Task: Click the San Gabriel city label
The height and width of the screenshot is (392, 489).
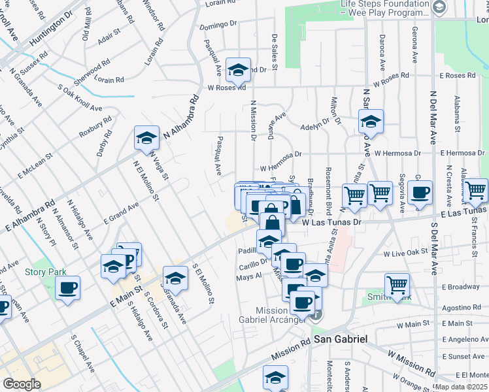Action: pos(340,339)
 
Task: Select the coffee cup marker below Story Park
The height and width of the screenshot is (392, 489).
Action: pos(67,287)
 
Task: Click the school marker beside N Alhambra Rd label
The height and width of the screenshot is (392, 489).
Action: pos(146,137)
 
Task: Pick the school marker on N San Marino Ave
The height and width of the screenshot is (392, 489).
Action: pos(371,122)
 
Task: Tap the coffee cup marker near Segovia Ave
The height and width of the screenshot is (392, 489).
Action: pos(419,193)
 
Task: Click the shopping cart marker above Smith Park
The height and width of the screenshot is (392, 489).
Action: pos(397,285)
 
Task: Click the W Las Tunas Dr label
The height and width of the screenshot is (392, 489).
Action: pos(331,222)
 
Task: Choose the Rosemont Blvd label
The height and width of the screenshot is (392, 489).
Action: pos(329,190)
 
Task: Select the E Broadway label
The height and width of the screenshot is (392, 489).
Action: pos(460,287)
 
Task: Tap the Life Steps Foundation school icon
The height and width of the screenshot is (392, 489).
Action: pos(439,8)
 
